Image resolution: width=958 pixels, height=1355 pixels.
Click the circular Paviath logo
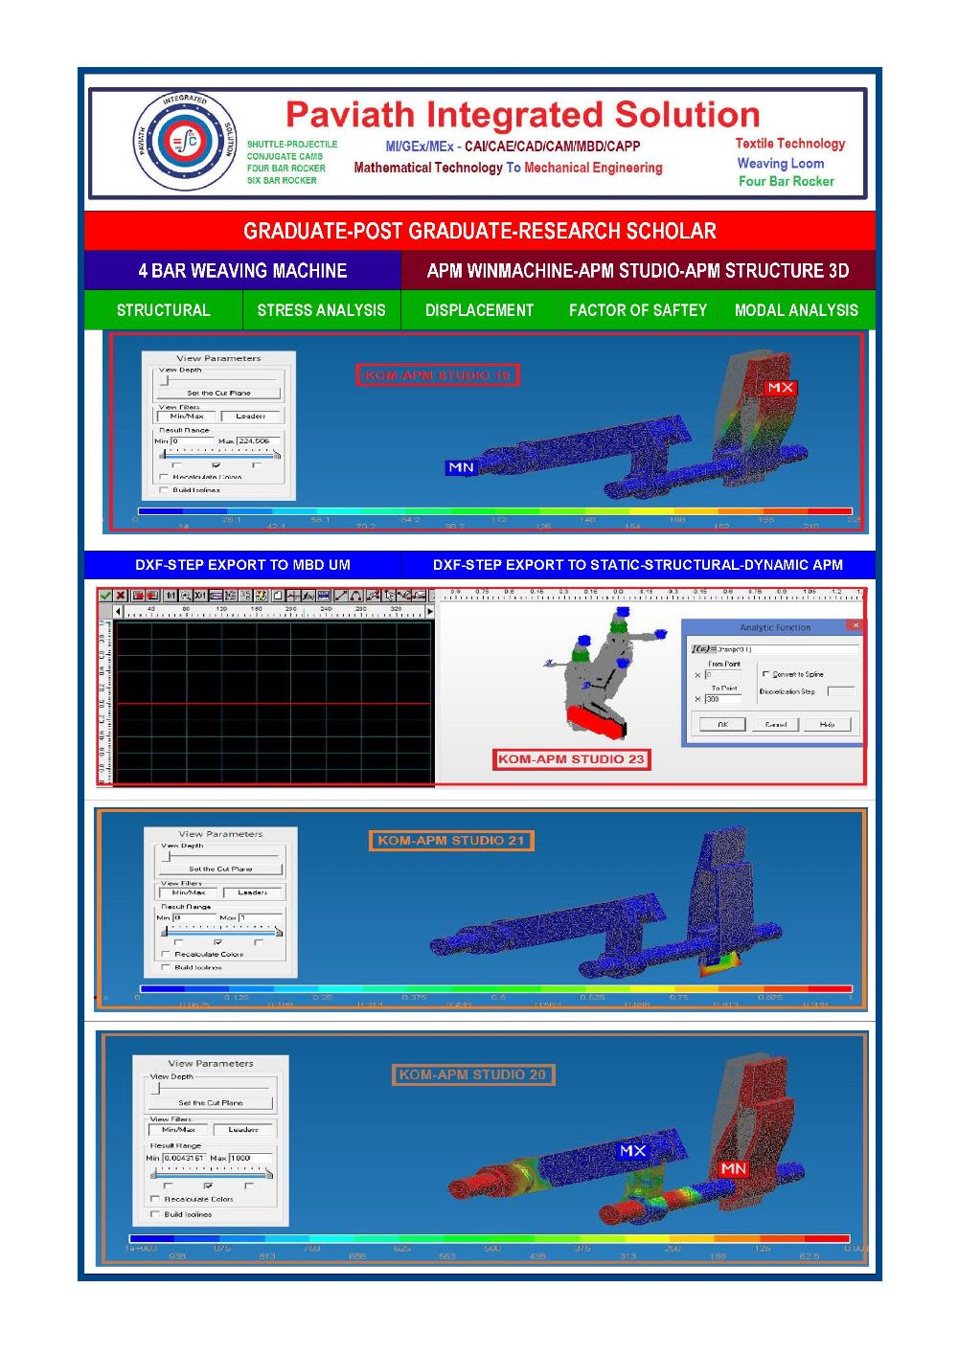point(182,142)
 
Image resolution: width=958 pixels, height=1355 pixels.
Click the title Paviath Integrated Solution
point(522,115)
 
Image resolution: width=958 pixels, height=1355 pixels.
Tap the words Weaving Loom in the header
point(780,163)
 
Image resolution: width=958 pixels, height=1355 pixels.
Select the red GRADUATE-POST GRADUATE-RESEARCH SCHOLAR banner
point(479,231)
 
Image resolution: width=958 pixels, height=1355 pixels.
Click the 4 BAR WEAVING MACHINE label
point(242,271)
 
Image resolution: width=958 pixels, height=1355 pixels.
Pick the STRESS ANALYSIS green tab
point(321,310)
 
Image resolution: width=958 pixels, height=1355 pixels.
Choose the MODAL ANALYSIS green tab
point(796,310)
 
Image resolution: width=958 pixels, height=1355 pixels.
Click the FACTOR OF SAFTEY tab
point(637,310)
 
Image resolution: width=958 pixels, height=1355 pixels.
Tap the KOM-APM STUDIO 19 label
point(438,375)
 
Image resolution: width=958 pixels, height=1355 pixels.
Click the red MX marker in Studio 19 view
point(780,388)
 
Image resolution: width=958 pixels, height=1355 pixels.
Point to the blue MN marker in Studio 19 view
point(461,467)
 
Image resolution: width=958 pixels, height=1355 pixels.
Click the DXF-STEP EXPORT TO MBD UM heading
point(242,565)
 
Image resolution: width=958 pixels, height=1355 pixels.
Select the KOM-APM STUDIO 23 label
point(571,759)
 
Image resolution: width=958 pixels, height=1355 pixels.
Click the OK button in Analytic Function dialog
point(722,725)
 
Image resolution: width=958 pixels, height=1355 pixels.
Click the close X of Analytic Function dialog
point(855,625)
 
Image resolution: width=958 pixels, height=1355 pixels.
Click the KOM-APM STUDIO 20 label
point(472,1074)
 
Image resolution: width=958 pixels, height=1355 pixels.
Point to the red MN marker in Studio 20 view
point(733,1168)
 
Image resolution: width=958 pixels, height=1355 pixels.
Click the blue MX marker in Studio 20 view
point(632,1150)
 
